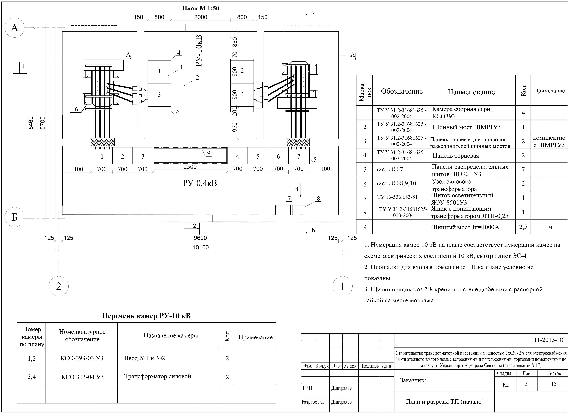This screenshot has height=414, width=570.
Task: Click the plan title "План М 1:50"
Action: (x=201, y=8)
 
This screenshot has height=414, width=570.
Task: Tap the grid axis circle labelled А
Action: (x=15, y=28)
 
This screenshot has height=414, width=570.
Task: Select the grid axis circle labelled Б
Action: (x=15, y=217)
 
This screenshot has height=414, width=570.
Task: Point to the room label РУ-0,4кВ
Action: (x=200, y=183)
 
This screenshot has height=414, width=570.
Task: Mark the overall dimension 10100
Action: (x=201, y=247)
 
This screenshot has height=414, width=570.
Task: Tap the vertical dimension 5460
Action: (x=30, y=123)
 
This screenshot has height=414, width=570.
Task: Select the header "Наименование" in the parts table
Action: (x=471, y=92)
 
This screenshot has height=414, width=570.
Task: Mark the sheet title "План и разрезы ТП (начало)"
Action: (x=445, y=402)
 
